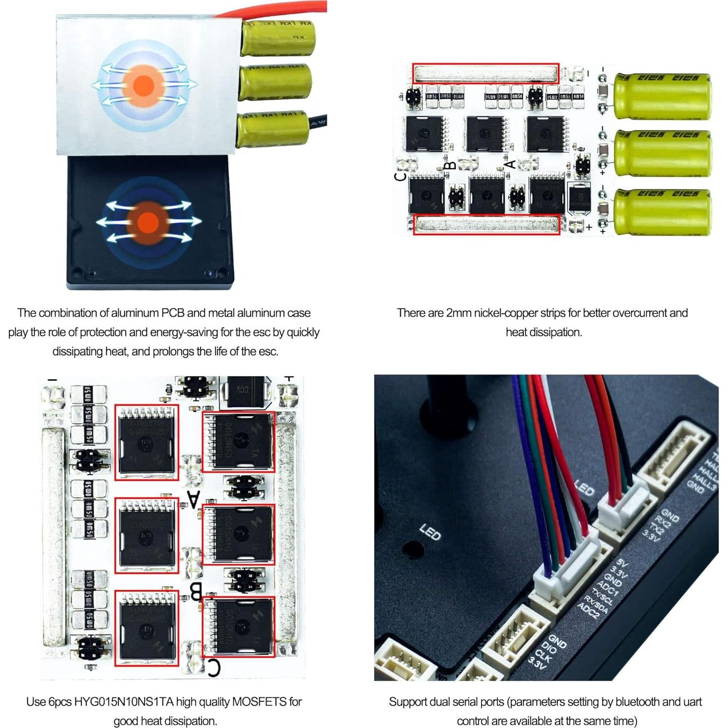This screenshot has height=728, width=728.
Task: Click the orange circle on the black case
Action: coord(146,222)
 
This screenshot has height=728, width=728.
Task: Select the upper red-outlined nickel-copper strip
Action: coord(485,73)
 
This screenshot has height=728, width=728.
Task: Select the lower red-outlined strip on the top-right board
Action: coord(486,225)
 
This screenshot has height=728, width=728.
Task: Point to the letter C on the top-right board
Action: coord(400,176)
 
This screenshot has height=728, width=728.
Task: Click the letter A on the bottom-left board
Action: coord(194,499)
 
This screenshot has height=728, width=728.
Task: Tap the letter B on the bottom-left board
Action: coord(195,592)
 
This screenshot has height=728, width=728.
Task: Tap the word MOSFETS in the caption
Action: coord(259,702)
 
